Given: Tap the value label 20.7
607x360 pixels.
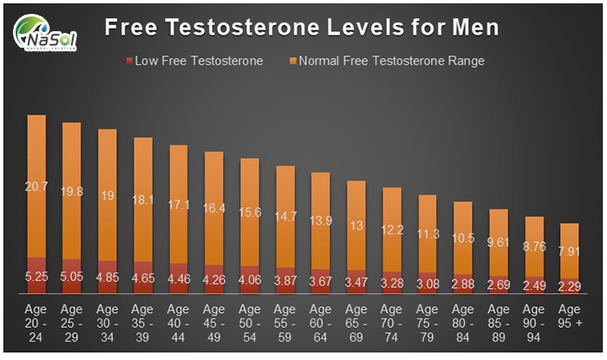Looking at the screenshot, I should coord(36,187).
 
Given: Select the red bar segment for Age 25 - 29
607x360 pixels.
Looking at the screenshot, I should coord(72,271).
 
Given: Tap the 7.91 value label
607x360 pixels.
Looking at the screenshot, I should coord(569,252).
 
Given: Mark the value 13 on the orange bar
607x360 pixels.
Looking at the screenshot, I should coord(356,226).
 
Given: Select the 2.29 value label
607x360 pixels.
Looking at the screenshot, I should coord(569,285).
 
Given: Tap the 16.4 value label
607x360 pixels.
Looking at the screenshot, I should coord(213,208).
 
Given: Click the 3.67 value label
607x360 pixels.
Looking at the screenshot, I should coord(320,282).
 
